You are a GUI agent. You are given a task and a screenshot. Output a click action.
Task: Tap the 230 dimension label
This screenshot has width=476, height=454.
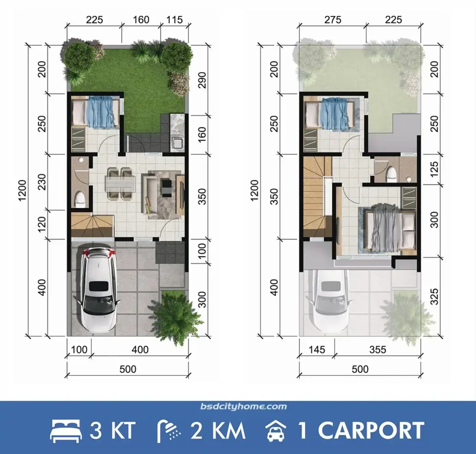click(x=41, y=182)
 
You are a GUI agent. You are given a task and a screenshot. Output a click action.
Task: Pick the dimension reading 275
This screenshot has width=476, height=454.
click(x=332, y=20)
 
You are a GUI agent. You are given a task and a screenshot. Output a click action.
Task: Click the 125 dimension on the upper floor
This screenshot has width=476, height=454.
click(x=434, y=170)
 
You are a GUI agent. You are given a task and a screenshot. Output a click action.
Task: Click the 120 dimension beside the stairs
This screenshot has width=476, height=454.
click(x=41, y=225)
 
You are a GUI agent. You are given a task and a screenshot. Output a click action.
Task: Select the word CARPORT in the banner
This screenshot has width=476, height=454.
click(x=371, y=431)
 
